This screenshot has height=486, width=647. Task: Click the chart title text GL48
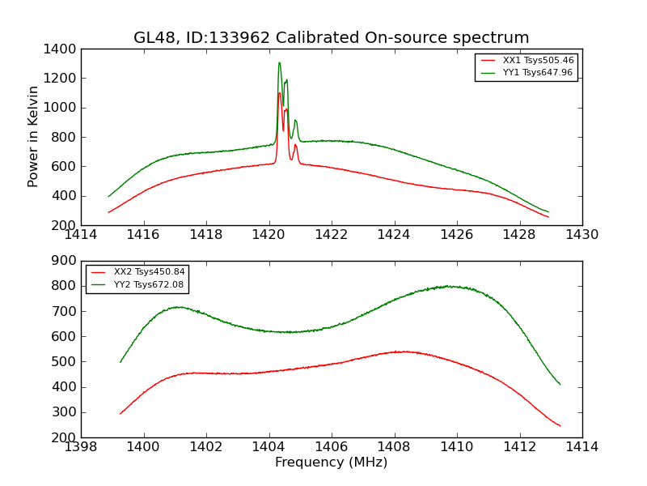click(151, 38)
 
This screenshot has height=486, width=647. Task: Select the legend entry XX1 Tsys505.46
click(538, 61)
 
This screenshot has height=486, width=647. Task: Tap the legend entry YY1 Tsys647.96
click(538, 73)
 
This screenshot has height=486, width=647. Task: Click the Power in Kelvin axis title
click(34, 136)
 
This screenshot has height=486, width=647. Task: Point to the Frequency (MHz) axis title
click(332, 463)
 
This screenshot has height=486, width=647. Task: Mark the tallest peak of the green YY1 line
click(279, 62)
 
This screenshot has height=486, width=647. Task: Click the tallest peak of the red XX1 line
click(279, 92)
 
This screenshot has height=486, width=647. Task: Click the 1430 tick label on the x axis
click(582, 235)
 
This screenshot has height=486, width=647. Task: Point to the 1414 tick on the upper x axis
click(82, 235)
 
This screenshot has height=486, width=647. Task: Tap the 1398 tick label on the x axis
click(82, 447)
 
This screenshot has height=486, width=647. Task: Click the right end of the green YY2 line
click(560, 384)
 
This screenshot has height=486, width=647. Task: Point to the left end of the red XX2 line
click(121, 414)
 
